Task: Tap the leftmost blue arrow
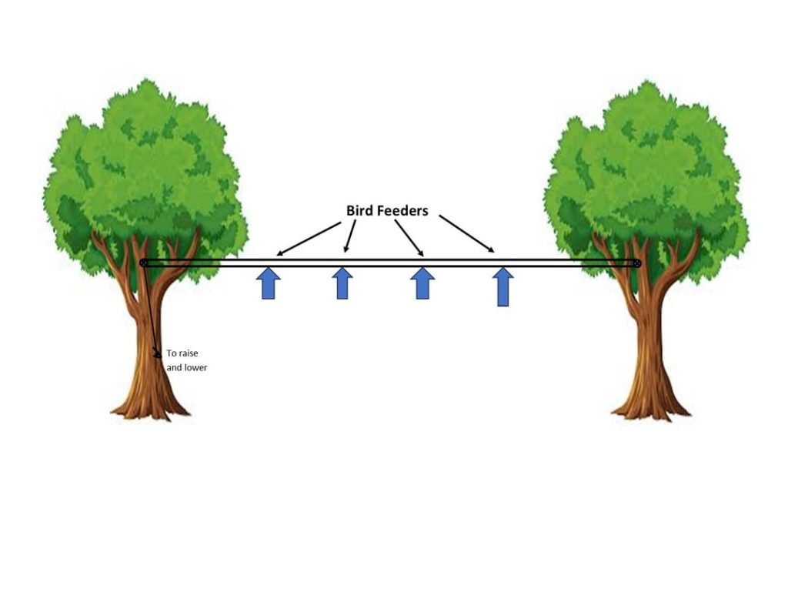(269, 283)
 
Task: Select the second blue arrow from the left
(342, 283)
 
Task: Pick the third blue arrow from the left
(422, 283)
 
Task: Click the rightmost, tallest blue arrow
(503, 286)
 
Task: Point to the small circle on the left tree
(144, 263)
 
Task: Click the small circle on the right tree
(636, 263)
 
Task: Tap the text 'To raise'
(182, 353)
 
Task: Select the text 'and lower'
(187, 368)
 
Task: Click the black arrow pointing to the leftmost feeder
(308, 239)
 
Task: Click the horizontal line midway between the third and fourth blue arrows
(462, 263)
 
